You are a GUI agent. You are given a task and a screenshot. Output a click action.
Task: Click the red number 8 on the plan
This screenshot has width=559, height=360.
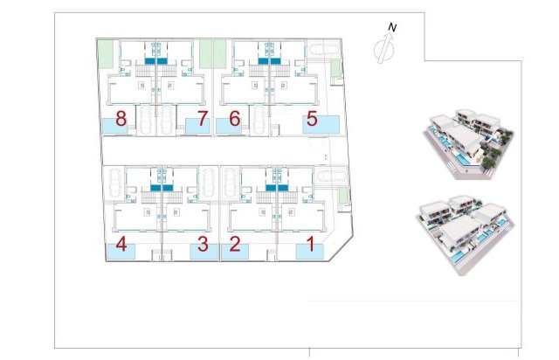click(121, 119)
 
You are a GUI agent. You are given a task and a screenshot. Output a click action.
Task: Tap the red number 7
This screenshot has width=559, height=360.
click(203, 119)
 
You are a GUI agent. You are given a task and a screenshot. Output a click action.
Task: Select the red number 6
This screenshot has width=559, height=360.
click(233, 119)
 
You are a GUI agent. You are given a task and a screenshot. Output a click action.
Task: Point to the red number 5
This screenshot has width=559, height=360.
click(312, 119)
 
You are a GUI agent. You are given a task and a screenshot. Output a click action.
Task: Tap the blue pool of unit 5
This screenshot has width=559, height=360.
click(321, 124)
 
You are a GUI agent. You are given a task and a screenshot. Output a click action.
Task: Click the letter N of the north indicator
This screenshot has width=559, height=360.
click(393, 28)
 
